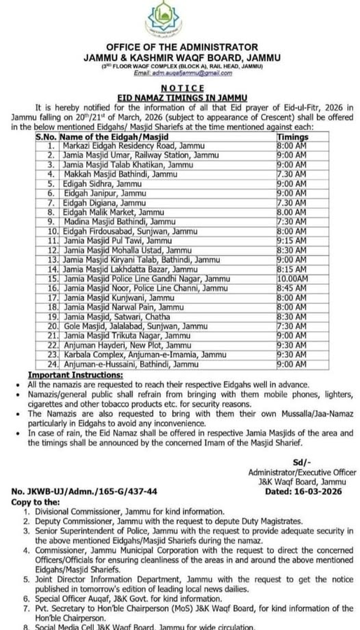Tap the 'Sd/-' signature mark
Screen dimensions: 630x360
(x=302, y=463)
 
